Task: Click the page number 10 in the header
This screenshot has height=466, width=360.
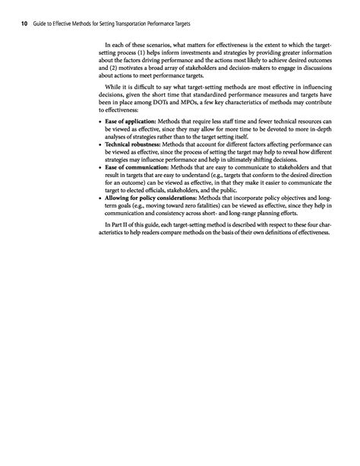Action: pos(24,23)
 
